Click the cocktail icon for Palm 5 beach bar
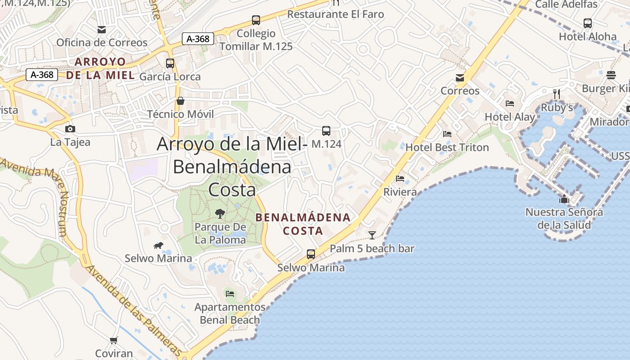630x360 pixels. [x=372, y=235]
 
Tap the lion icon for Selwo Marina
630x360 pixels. [x=158, y=245]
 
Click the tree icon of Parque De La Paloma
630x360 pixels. [x=220, y=213]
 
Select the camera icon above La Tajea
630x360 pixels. [x=70, y=129]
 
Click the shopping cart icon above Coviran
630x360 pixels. [x=113, y=340]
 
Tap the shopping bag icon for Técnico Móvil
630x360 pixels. [x=180, y=100]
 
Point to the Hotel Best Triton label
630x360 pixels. [x=447, y=147]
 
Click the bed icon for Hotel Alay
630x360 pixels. [x=510, y=103]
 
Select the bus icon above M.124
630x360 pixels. [x=326, y=131]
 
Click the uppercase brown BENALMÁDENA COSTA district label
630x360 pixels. [x=303, y=224]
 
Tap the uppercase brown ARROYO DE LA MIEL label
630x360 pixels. [x=100, y=68]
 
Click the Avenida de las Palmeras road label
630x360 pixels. [x=133, y=310]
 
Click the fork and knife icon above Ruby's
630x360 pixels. [x=557, y=94]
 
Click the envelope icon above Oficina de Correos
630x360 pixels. [x=102, y=30]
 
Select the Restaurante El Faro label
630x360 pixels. [x=335, y=14]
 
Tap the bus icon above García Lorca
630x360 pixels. [x=170, y=63]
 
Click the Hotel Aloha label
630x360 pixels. [x=588, y=36]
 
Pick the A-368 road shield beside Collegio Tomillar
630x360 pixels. [x=198, y=39]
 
